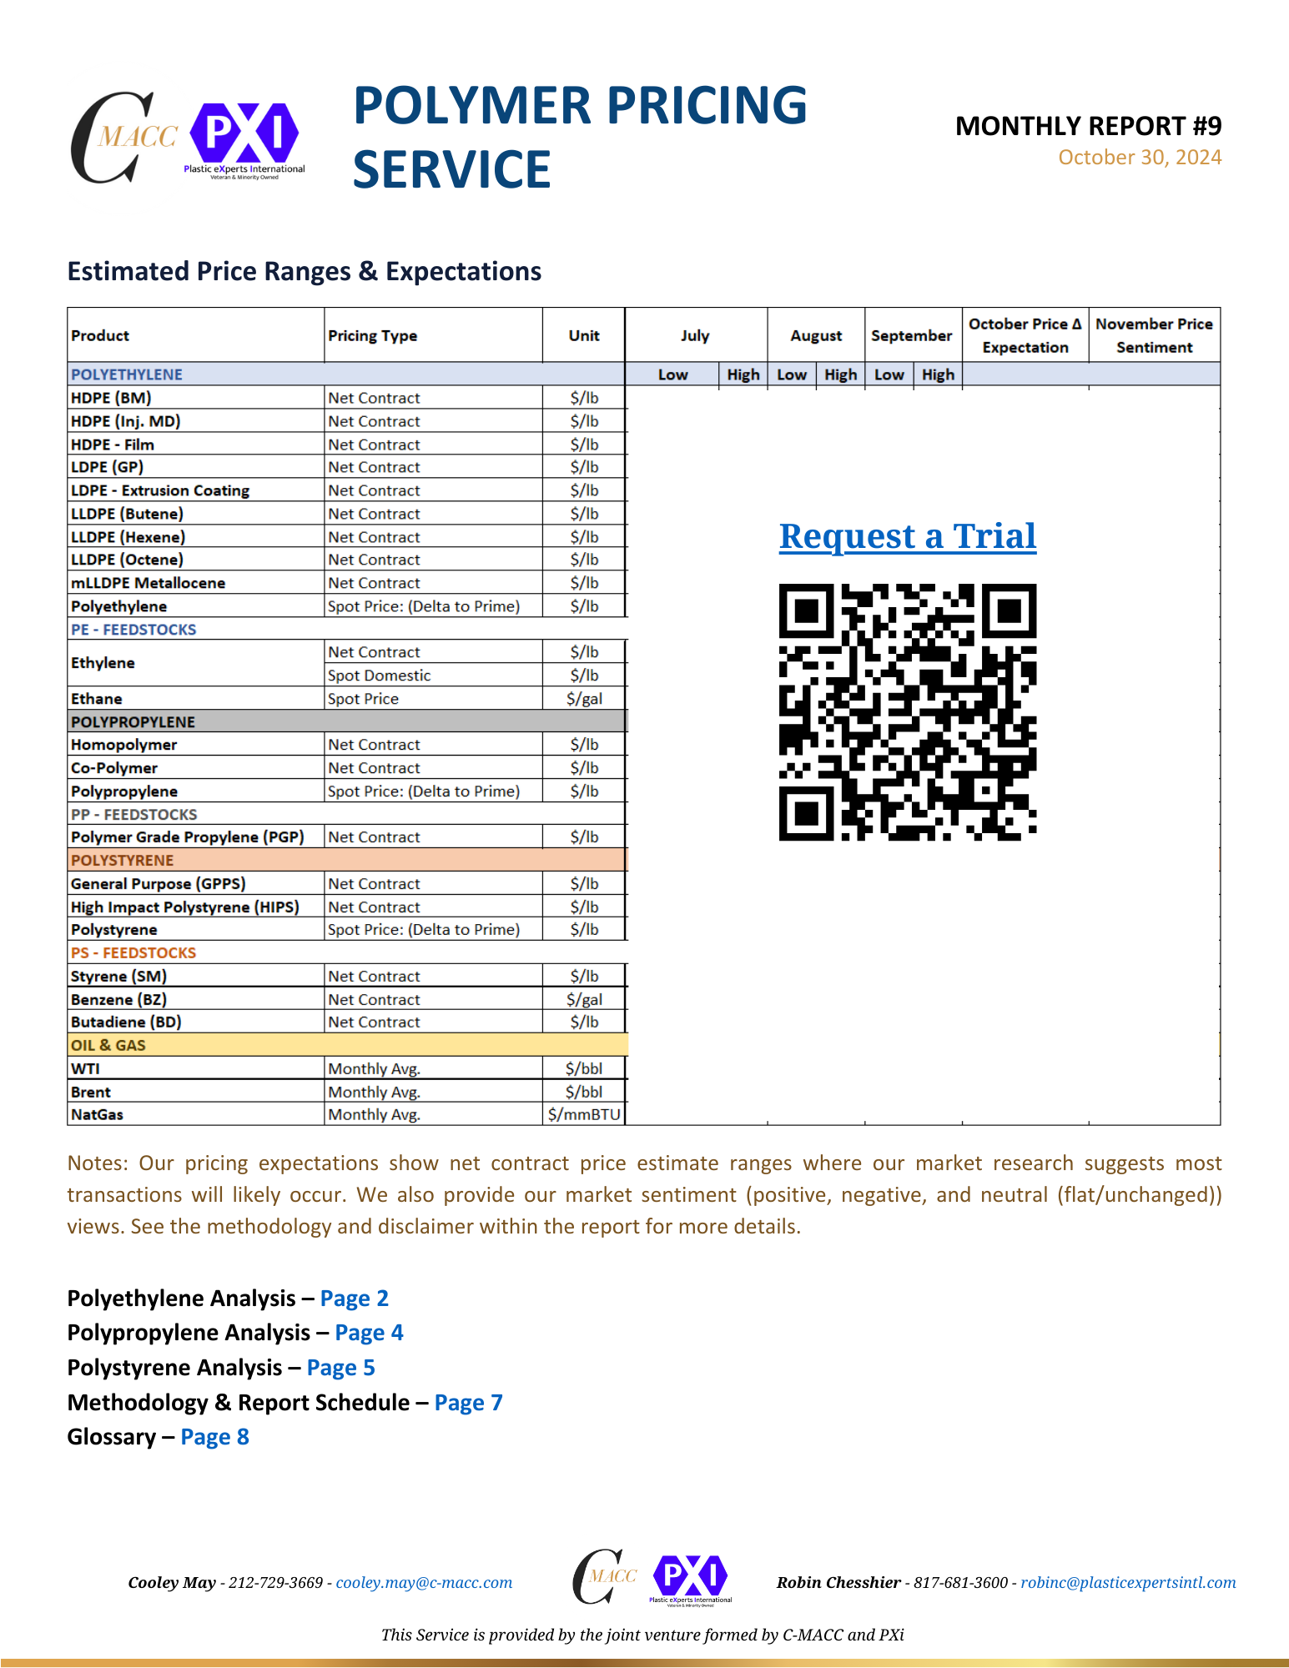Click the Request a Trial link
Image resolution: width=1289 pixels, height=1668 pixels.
908,536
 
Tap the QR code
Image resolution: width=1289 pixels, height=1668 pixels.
908,711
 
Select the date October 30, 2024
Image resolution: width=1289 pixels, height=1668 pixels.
1140,158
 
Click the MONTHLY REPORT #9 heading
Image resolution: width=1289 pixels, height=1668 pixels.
1088,126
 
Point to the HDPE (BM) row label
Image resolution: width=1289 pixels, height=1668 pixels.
111,398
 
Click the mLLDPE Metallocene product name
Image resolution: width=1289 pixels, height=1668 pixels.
148,583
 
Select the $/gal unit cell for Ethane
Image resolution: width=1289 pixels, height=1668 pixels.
584,699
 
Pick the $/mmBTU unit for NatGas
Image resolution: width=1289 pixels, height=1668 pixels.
584,1114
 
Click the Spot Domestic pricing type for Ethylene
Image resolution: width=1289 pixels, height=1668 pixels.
379,676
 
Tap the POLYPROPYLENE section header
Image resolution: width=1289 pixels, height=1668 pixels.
133,721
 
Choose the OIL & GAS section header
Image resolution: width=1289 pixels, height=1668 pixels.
108,1045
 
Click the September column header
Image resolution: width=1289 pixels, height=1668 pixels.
911,335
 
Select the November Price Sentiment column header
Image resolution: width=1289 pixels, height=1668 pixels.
1154,335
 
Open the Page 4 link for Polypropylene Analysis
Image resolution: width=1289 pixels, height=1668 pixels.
369,1333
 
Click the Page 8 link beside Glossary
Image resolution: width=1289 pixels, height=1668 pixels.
214,1437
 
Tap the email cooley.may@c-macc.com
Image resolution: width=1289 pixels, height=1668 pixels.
424,1583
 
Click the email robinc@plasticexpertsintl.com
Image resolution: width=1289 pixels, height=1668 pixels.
1128,1583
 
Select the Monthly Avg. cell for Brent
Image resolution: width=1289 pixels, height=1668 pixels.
374,1092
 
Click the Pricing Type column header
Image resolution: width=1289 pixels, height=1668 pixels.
372,335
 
